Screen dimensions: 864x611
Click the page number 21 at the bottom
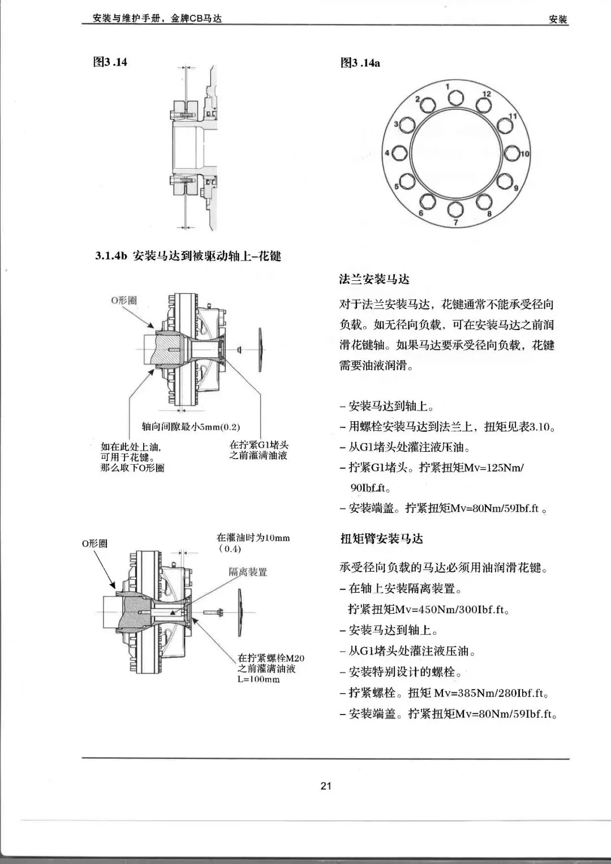coord(326,785)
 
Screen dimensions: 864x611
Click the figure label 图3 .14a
coord(360,63)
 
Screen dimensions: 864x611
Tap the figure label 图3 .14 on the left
coord(110,62)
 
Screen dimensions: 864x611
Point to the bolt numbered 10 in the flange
coord(512,153)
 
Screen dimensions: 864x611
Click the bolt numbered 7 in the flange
coord(455,209)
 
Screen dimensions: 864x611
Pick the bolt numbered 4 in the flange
coord(399,153)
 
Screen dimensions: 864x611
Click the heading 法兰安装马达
coord(374,279)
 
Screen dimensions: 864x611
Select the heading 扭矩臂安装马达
coord(381,538)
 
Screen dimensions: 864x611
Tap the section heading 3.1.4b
coord(188,256)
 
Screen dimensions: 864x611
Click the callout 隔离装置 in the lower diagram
coord(248,572)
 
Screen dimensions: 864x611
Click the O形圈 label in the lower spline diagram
coord(94,544)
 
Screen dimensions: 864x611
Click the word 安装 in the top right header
coord(558,19)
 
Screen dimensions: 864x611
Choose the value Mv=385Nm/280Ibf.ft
coord(492,692)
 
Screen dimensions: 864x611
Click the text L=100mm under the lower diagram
coord(258,679)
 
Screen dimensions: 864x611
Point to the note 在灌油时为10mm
coord(253,537)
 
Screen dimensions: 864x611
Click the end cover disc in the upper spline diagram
coord(260,349)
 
